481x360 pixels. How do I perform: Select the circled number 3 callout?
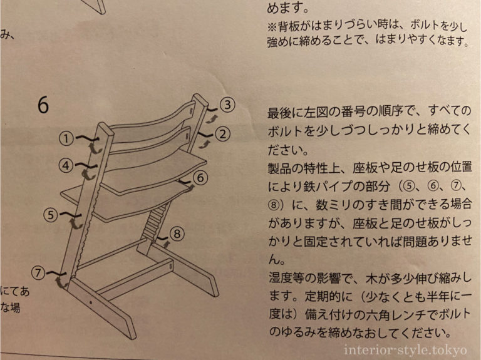tap(228, 105)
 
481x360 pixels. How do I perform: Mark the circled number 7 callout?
tap(39, 272)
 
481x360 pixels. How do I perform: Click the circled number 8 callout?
tap(177, 234)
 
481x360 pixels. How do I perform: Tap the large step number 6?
tap(43, 105)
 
